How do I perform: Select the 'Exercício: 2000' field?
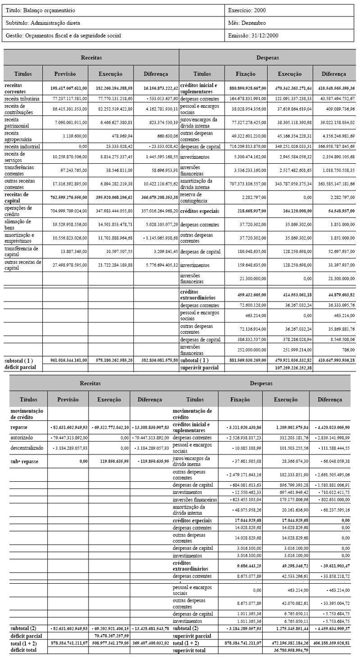click(x=250, y=10)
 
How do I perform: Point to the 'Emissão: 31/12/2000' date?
click(x=254, y=36)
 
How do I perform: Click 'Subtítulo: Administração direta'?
click(x=43, y=23)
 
